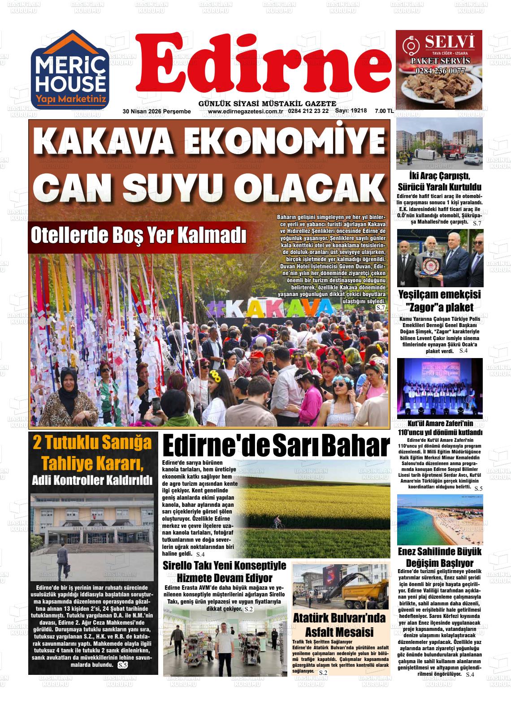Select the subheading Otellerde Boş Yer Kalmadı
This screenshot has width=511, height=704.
pos(138,236)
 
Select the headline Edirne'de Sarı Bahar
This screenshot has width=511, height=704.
pos(276,446)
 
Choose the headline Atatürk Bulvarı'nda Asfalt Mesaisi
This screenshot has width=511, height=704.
pos(339,625)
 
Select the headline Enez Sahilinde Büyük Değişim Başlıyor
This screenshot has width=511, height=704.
pos(439,557)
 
